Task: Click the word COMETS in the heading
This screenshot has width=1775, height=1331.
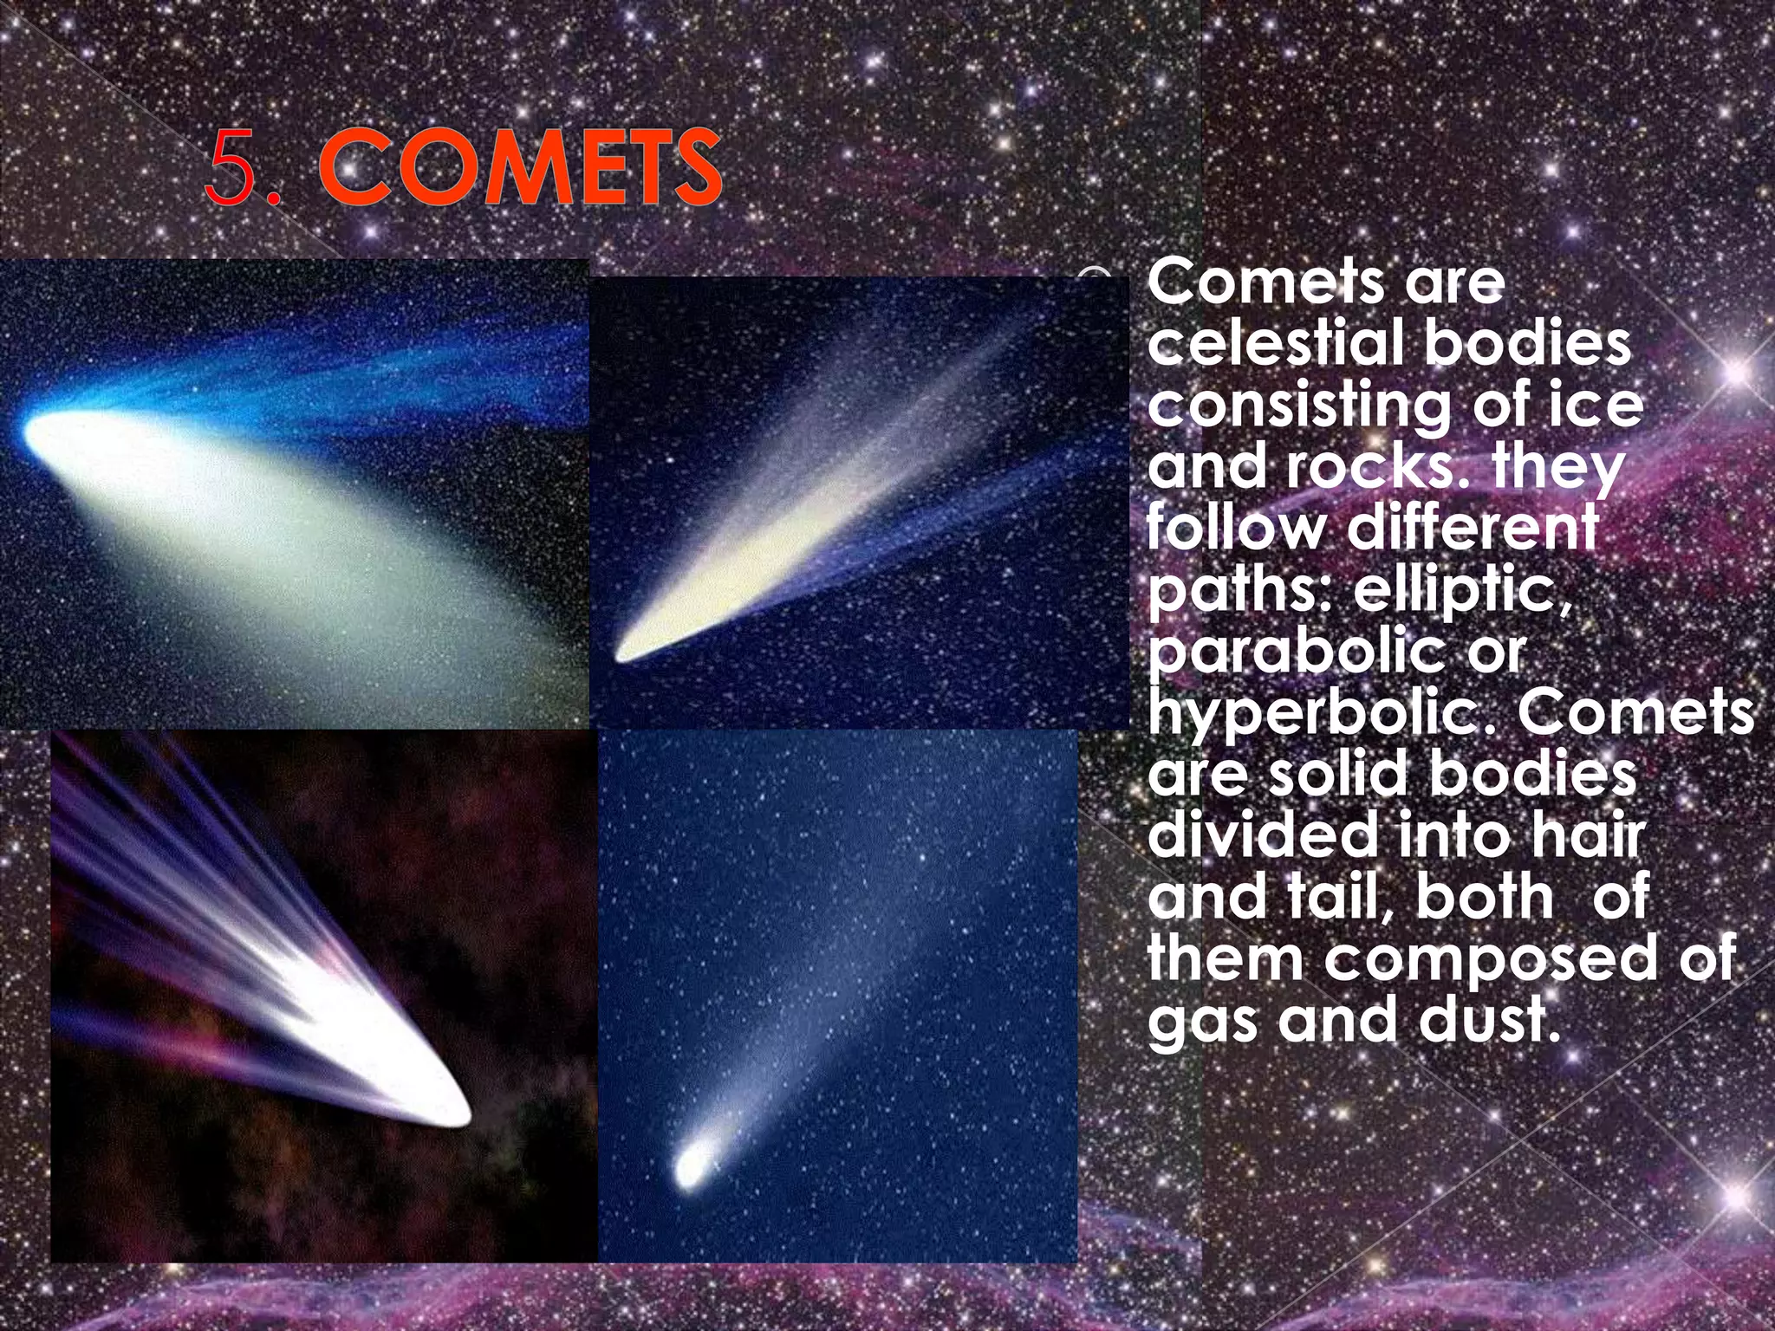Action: pyautogui.click(x=519, y=168)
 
